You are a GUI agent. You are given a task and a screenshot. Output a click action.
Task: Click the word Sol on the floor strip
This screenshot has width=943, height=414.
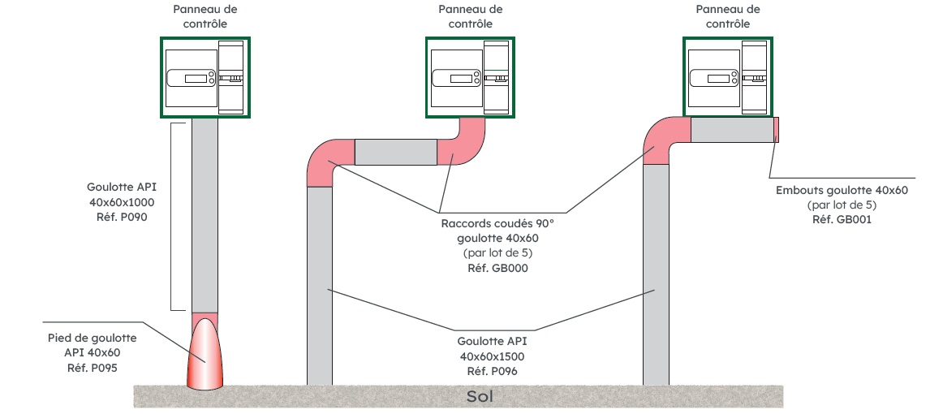click(480, 397)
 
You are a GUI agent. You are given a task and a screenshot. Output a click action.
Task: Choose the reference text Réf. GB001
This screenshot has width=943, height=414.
click(842, 218)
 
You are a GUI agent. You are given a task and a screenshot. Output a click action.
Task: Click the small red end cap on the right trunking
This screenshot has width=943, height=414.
click(776, 130)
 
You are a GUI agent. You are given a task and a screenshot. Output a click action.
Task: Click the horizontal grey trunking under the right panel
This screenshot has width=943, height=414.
click(731, 130)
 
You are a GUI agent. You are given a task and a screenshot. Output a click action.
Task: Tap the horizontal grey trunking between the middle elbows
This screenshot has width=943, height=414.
click(395, 152)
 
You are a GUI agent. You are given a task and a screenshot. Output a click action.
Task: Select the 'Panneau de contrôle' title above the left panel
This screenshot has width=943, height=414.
click(205, 16)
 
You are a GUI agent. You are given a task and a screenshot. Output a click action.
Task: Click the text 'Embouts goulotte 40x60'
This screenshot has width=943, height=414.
click(842, 190)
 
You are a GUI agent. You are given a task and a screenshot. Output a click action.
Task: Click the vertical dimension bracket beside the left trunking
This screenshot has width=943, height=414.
click(173, 217)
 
